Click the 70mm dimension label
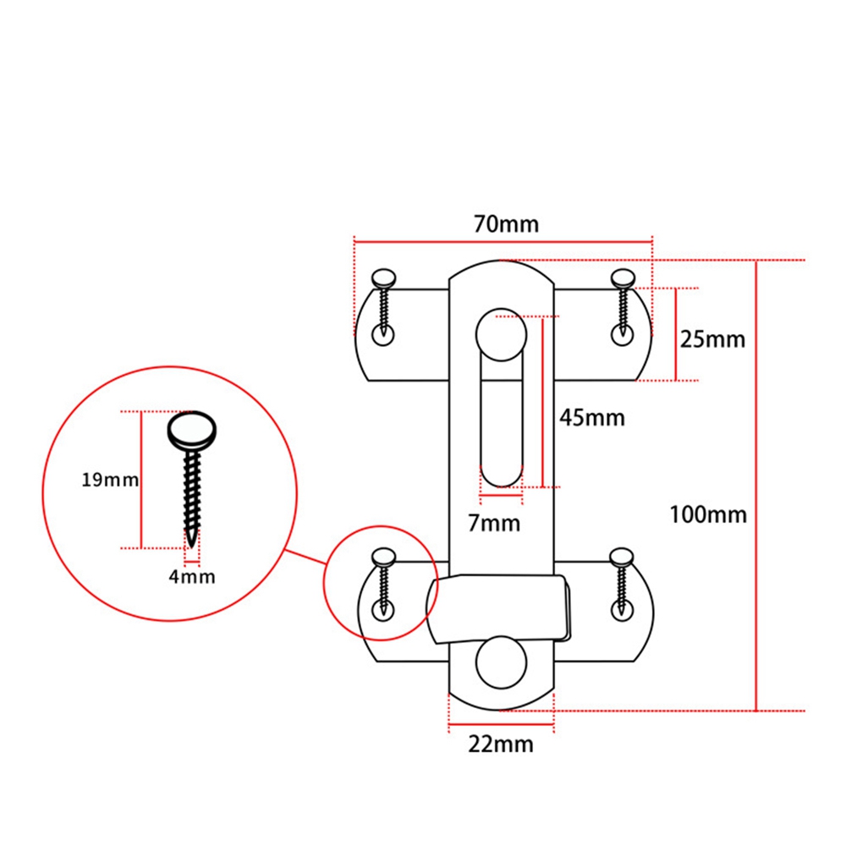[506, 224]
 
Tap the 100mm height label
[708, 514]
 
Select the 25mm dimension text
[712, 339]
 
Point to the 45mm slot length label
[592, 418]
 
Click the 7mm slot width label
[494, 524]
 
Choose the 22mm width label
[501, 744]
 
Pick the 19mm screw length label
[110, 480]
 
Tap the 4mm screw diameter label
[191, 577]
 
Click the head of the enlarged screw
[192, 431]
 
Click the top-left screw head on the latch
[383, 278]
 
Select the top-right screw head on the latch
[623, 278]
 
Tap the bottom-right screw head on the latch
[622, 557]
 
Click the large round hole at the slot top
[501, 334]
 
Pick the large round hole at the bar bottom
[501, 662]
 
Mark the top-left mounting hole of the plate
[383, 335]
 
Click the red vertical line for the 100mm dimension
[755, 486]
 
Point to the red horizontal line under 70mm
[503, 242]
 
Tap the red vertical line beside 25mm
[675, 334]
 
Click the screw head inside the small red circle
[383, 558]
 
